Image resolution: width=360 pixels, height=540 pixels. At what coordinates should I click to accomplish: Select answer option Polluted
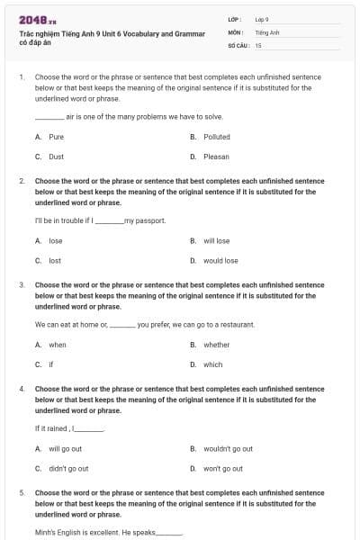click(x=217, y=137)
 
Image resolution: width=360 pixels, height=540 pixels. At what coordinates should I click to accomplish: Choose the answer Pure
click(x=56, y=137)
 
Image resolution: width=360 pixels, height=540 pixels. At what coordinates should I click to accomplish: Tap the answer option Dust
click(x=56, y=157)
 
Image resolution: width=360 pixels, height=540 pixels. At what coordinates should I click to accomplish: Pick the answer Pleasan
click(x=217, y=157)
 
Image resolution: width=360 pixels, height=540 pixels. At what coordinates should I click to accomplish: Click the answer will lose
click(x=216, y=241)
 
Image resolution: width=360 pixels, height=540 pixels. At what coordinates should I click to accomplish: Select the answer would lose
click(x=220, y=261)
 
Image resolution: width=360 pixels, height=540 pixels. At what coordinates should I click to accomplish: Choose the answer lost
click(x=55, y=261)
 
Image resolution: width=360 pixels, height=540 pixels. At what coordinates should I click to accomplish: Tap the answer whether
click(x=216, y=345)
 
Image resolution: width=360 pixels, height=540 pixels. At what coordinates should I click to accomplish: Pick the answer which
click(x=212, y=364)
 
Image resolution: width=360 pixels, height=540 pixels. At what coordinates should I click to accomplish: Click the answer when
click(x=58, y=345)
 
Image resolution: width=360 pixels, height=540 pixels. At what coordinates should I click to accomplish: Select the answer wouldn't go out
click(x=228, y=448)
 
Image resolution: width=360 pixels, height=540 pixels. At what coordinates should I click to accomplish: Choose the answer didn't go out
click(x=68, y=468)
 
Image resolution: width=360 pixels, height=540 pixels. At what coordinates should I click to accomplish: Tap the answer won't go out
click(x=223, y=468)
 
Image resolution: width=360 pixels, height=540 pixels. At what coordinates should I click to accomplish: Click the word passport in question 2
click(x=152, y=220)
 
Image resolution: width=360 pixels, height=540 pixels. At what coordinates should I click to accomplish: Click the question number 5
click(x=22, y=493)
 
